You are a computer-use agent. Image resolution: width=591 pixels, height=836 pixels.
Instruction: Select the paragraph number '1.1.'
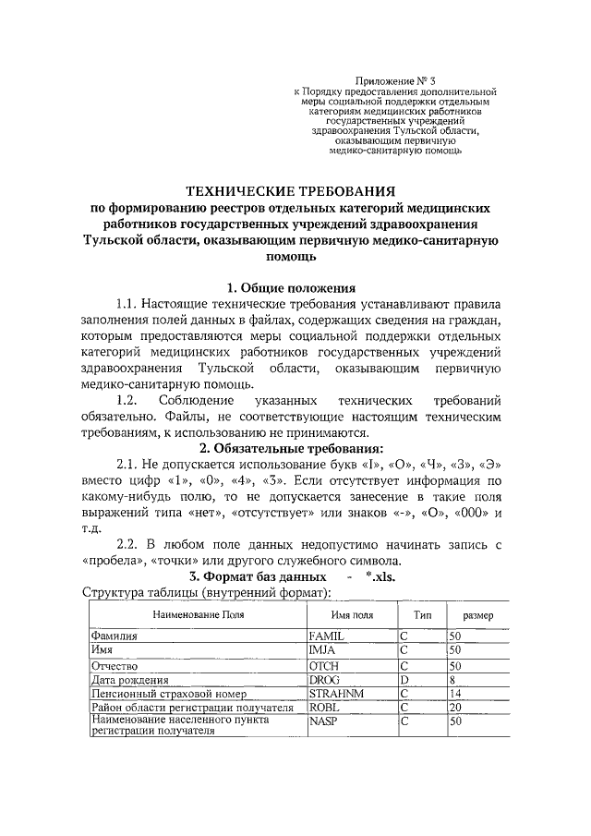[x=131, y=304]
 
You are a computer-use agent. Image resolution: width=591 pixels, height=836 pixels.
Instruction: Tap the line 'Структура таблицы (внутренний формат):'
[x=208, y=593]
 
